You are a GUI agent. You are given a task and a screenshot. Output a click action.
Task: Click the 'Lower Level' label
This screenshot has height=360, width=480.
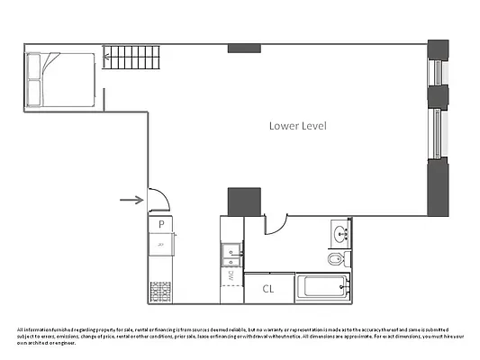pos(297,126)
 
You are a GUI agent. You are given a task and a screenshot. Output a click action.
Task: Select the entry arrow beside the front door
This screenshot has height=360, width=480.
pos(131,200)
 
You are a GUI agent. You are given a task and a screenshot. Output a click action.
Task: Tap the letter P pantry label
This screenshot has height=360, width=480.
pos(160,223)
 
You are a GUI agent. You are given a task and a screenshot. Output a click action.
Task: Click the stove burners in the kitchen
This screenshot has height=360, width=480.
pos(160,292)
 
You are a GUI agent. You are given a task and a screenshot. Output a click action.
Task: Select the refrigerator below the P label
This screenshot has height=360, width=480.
pos(160,245)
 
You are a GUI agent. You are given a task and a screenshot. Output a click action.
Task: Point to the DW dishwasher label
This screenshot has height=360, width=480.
pos(231,274)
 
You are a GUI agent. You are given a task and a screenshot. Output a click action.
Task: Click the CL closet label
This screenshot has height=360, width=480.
pos(268,289)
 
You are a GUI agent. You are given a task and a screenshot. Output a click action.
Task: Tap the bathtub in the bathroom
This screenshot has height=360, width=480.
pos(322,288)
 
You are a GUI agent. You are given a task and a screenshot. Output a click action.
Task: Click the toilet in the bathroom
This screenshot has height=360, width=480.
pos(335,260)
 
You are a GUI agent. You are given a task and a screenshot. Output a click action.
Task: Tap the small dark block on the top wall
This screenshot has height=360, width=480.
pos(243,48)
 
